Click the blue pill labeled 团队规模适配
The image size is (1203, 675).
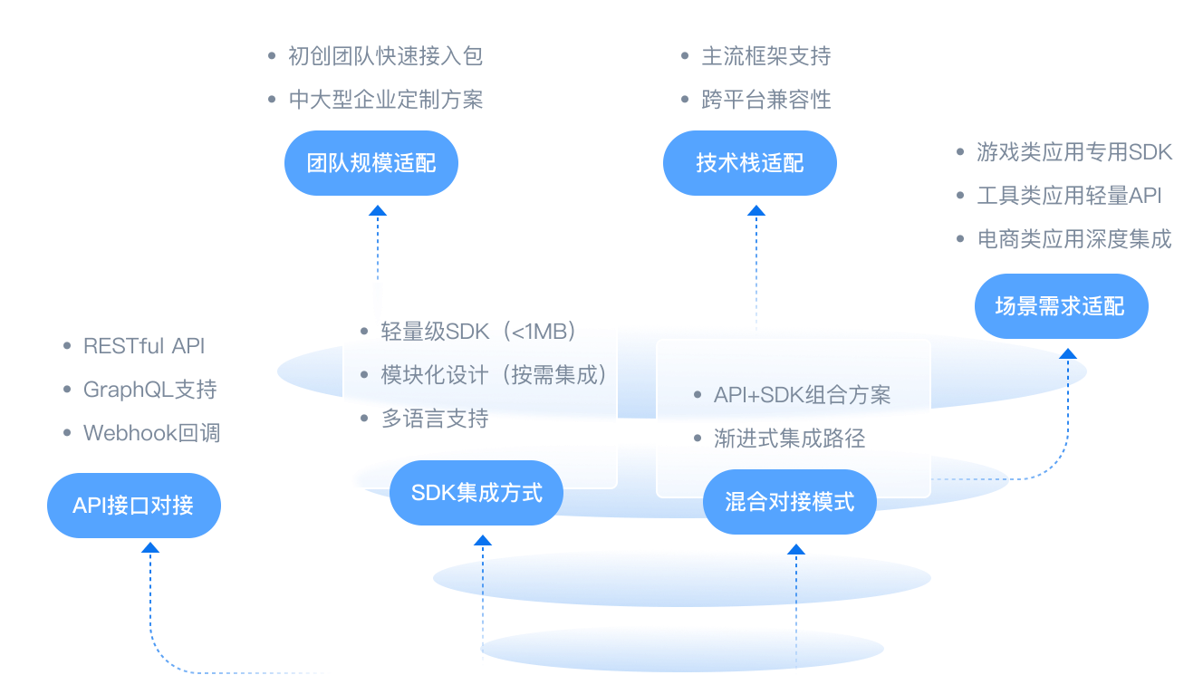tap(371, 163)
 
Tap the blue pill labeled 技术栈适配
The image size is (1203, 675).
tap(750, 163)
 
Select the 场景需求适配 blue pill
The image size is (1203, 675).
tap(1060, 306)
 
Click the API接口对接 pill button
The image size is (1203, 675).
tap(134, 506)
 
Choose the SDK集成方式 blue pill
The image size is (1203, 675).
tap(476, 493)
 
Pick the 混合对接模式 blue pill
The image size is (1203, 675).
tap(790, 502)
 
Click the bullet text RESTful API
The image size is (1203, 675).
tap(144, 346)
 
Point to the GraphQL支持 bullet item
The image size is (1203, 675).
tap(150, 390)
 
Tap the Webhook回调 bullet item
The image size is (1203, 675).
tap(152, 433)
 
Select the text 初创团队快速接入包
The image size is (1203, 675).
tap(386, 56)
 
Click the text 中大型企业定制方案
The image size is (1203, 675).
tap(386, 100)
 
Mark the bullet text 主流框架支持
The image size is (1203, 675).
tap(766, 56)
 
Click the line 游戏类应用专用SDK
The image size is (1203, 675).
tap(1074, 152)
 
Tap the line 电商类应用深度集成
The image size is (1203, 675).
tap(1074, 239)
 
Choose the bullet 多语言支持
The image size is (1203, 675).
tap(435, 419)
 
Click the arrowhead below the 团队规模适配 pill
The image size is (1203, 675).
tap(378, 210)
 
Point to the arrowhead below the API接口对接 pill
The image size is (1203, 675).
tap(150, 546)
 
